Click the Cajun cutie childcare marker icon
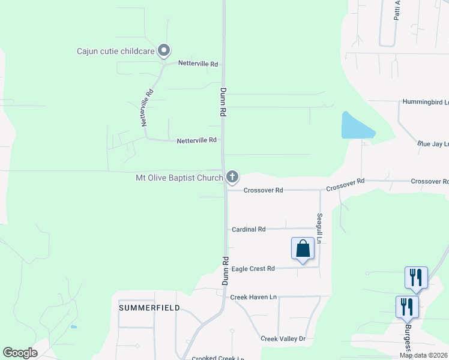click(164, 51)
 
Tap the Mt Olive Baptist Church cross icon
click(232, 177)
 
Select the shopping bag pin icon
click(303, 248)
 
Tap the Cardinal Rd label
click(249, 229)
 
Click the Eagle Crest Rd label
click(253, 268)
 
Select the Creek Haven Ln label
click(253, 297)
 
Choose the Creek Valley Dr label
click(283, 339)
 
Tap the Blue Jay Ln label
click(433, 144)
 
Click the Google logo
click(20, 353)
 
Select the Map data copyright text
click(423, 355)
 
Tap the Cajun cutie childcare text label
click(115, 51)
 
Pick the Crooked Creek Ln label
click(217, 358)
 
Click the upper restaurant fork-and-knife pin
click(416, 277)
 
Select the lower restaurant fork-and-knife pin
click(407, 307)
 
